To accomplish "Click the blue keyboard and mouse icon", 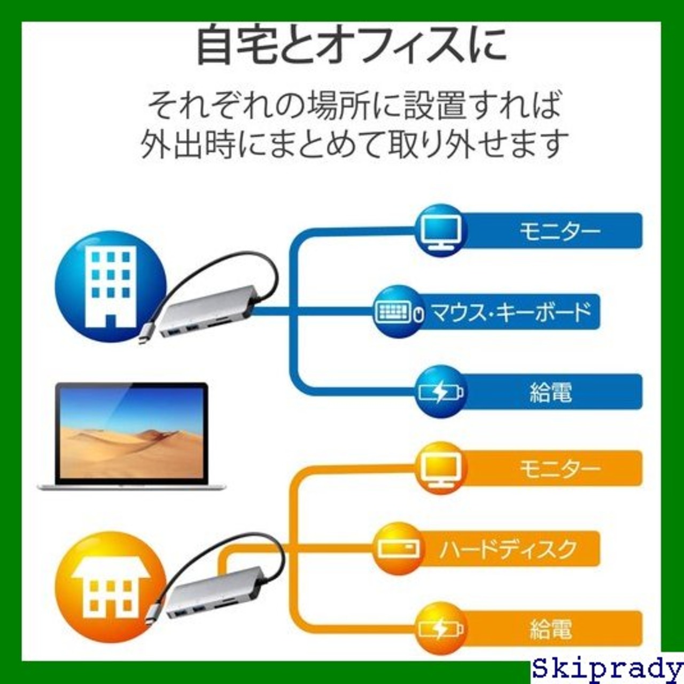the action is [398, 312].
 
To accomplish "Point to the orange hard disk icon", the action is [398, 549].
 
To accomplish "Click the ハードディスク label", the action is [508, 549].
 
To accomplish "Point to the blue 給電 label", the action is [550, 392].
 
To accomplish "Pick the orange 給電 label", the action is [550, 629].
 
